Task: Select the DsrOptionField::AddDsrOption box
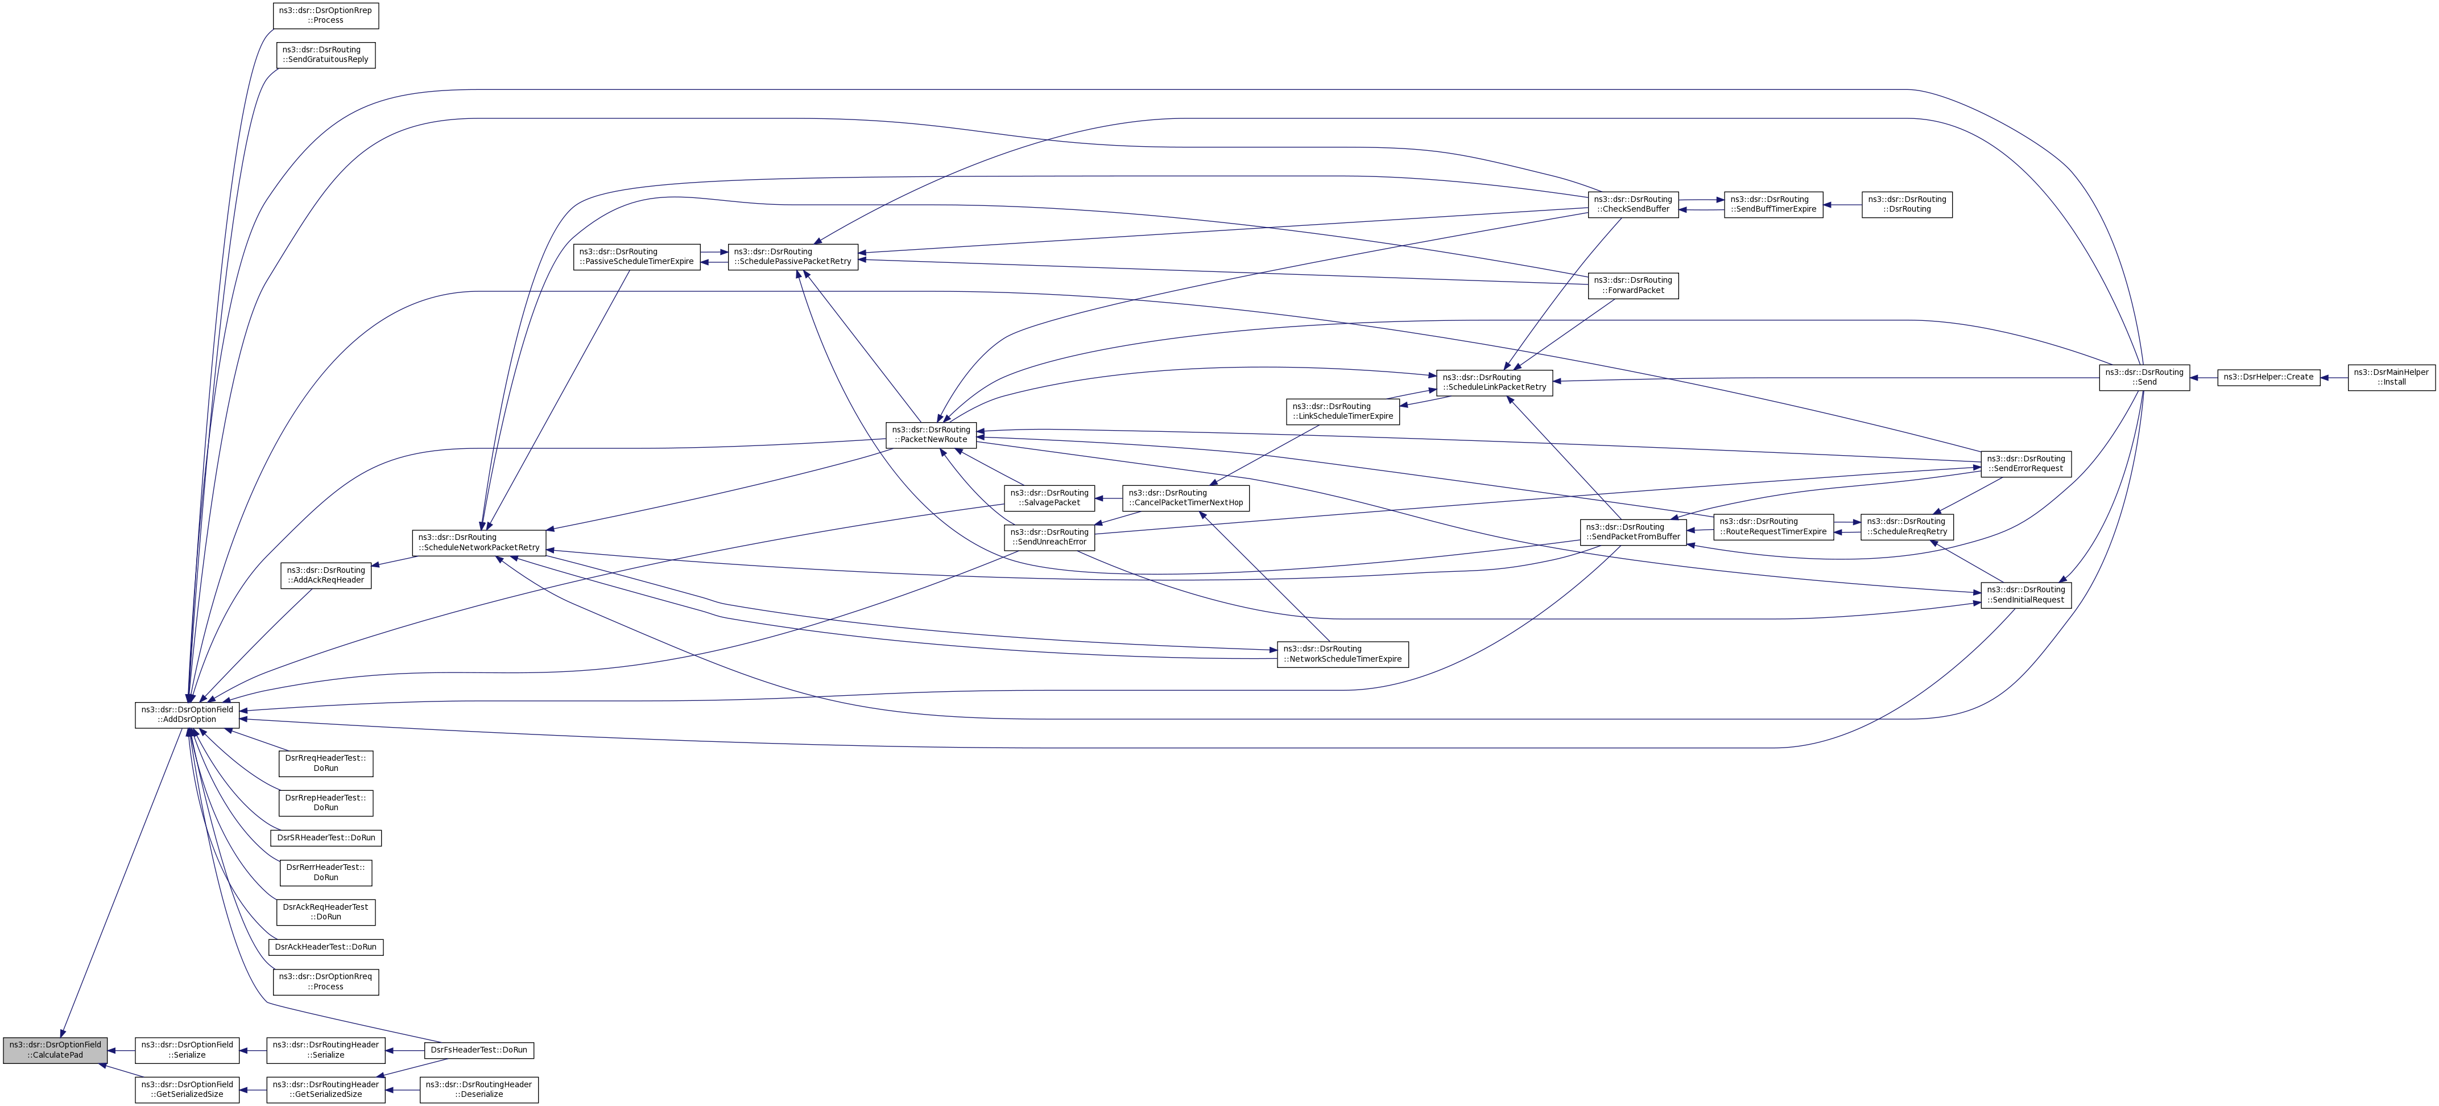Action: [188, 715]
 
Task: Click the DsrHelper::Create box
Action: [2268, 377]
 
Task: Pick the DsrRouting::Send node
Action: [2144, 377]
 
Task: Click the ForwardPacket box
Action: [1633, 285]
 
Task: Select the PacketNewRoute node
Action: [931, 435]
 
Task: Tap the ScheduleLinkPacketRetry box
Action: [1494, 382]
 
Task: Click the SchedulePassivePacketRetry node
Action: [792, 257]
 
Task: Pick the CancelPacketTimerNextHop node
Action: [1185, 498]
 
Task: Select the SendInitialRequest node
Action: [2026, 595]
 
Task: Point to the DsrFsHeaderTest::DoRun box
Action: [479, 1050]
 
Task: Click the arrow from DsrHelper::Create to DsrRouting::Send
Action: [2204, 377]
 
